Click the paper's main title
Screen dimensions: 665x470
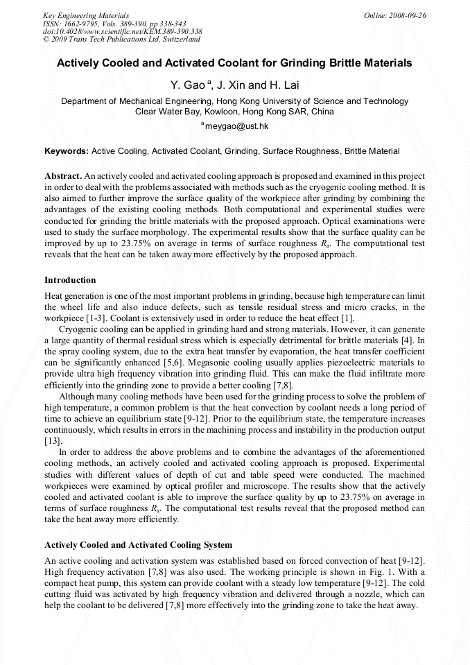point(234,63)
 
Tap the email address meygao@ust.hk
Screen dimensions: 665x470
point(236,126)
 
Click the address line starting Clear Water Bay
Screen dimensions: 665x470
point(234,111)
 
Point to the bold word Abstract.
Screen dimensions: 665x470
point(64,177)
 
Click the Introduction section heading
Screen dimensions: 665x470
point(70,280)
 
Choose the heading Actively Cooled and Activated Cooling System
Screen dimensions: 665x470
point(138,545)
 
